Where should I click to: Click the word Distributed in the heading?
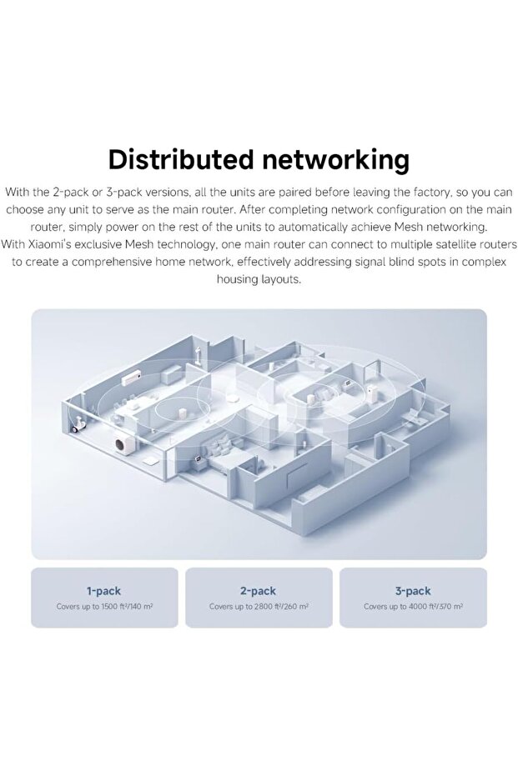pos(181,160)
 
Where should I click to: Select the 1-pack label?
pos(103,591)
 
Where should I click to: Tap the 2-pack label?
pos(258,591)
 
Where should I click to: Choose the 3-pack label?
pos(413,591)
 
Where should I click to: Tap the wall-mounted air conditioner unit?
pos(131,379)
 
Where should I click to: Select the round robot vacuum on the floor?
pos(231,397)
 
